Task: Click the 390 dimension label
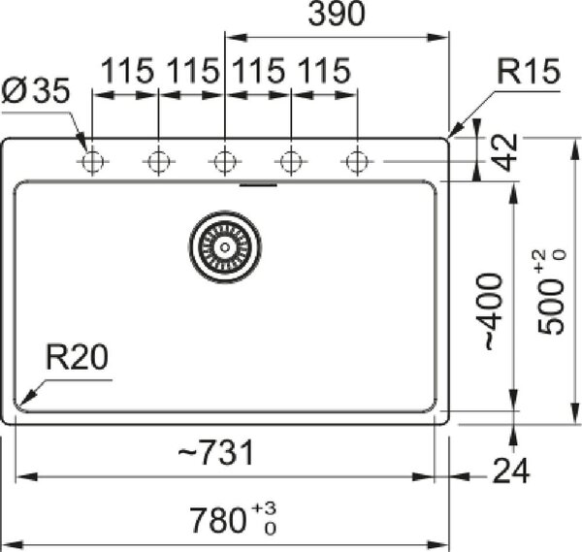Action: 337,15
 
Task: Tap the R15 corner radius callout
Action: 529,71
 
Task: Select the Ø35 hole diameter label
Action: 36,90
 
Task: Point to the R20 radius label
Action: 77,357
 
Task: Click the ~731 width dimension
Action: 216,452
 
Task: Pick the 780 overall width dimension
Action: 217,520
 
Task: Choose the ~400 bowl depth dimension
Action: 494,311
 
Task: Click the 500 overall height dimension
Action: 551,307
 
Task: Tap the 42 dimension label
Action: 505,152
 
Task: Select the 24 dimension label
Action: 511,471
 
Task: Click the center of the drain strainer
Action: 225,246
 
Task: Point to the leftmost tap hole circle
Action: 92,161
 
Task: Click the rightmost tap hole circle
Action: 357,161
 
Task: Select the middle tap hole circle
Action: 225,161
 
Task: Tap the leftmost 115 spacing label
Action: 127,71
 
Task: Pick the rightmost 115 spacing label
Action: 324,71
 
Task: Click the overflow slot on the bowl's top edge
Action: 258,184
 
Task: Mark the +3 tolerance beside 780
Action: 264,508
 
